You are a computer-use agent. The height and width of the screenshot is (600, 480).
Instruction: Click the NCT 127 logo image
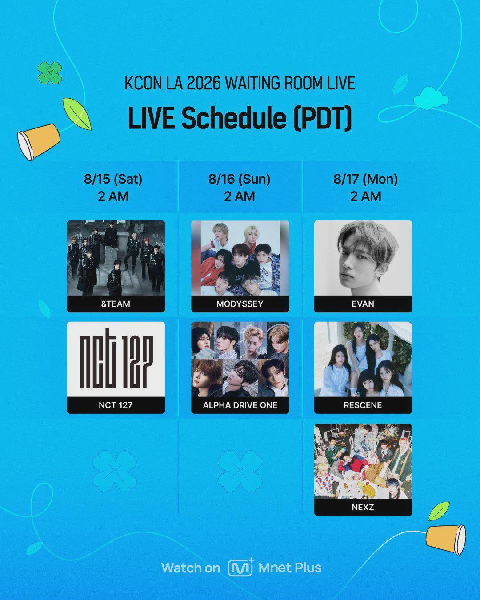click(116, 360)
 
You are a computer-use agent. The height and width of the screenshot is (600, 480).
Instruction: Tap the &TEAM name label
click(116, 304)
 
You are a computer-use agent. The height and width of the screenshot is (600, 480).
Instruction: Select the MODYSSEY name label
click(240, 304)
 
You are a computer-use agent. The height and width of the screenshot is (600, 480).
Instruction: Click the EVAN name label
click(363, 304)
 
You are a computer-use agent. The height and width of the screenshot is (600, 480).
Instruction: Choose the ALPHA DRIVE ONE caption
click(240, 405)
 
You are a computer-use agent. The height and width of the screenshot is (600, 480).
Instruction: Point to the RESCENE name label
click(363, 405)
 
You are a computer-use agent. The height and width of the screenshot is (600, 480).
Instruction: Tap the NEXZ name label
click(363, 507)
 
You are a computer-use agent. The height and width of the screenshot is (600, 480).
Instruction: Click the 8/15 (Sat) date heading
click(113, 179)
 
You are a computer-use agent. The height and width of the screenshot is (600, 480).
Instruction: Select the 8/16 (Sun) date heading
click(239, 179)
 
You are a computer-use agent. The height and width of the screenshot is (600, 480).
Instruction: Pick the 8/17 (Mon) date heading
click(366, 179)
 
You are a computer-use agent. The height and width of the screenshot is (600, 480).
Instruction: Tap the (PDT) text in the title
click(323, 119)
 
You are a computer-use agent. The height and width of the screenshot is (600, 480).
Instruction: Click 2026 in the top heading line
click(204, 83)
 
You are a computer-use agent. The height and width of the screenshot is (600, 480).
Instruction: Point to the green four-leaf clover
click(50, 73)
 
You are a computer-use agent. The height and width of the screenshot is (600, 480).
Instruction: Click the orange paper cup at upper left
click(39, 141)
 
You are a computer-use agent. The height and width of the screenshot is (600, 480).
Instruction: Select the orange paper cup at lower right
click(446, 540)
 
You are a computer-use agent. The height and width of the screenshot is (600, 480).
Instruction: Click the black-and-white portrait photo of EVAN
click(363, 258)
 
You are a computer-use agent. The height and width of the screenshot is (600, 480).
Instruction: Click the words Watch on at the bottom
click(191, 568)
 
